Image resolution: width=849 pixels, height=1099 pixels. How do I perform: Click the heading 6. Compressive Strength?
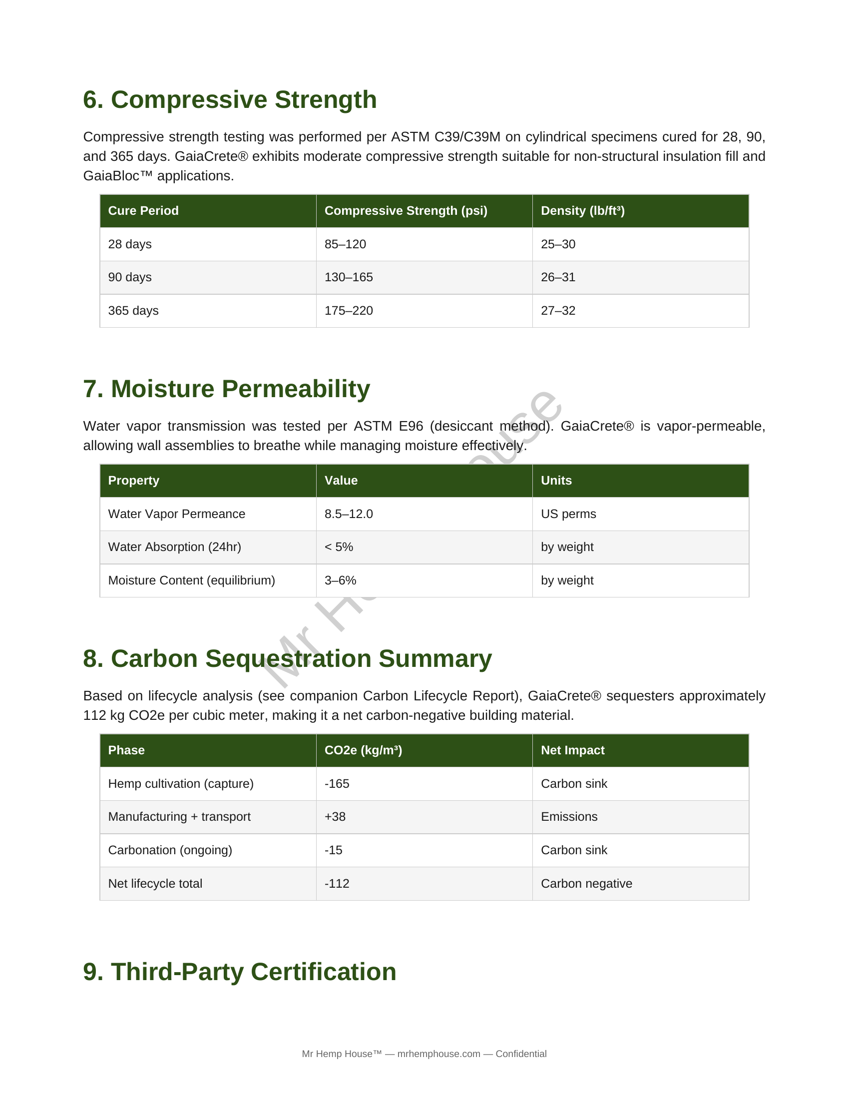pos(229,99)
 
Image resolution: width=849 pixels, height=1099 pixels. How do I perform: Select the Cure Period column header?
pos(143,211)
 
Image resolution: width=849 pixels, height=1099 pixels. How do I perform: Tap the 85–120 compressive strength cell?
pos(345,244)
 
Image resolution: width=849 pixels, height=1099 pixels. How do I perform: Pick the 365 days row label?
pos(133,311)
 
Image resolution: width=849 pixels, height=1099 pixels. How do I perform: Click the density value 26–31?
pos(558,277)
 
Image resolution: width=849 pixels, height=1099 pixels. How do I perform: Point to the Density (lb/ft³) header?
pos(582,211)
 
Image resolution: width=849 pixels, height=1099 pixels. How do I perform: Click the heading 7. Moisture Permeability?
pos(226,389)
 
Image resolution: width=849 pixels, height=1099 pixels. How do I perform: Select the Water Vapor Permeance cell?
pos(176,514)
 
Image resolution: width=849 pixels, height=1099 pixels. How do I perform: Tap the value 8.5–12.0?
pos(349,514)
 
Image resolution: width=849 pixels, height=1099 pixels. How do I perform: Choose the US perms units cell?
pos(568,514)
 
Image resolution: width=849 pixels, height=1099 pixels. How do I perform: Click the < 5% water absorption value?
pos(339,547)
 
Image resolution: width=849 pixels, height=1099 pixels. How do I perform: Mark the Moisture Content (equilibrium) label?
pos(192,580)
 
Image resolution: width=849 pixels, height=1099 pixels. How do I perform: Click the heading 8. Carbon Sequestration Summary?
pos(287,659)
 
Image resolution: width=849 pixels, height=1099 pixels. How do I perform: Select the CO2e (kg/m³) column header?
pos(363,750)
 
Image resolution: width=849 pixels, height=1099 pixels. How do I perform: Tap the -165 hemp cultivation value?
pos(337,783)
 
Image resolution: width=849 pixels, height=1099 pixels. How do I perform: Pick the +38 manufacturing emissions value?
pos(335,817)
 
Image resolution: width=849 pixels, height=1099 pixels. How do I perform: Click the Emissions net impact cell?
pos(569,817)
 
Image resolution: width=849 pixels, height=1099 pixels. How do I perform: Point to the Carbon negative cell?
pos(586,884)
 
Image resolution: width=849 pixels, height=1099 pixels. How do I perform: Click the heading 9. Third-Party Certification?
pos(239,972)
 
